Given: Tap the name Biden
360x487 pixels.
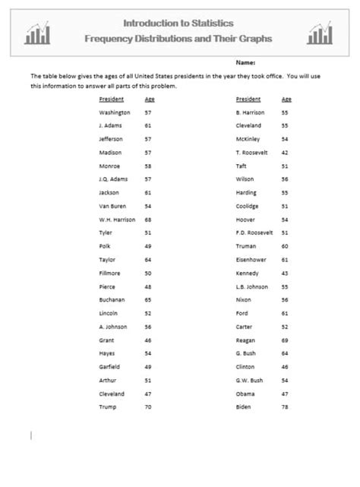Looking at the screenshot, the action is (244, 407).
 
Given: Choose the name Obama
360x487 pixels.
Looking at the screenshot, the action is (245, 394).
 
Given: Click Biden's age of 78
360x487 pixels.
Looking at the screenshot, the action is (286, 407).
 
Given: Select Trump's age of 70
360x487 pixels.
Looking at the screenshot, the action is (148, 407).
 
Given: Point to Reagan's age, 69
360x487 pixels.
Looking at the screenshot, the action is (286, 340).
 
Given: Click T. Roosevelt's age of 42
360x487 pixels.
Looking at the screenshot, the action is (286, 152).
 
